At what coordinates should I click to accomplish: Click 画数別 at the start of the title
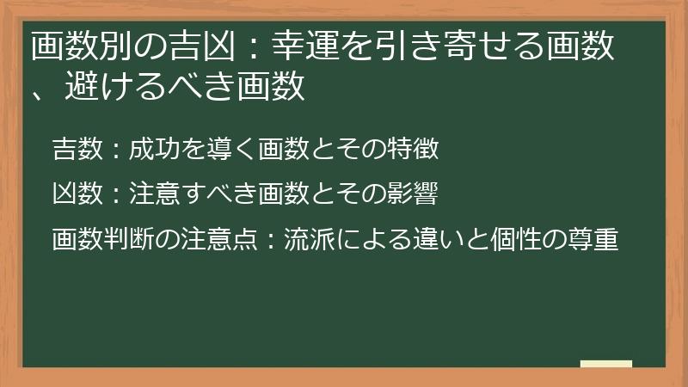coord(75,48)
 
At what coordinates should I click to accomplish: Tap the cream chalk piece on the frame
coord(605,364)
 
